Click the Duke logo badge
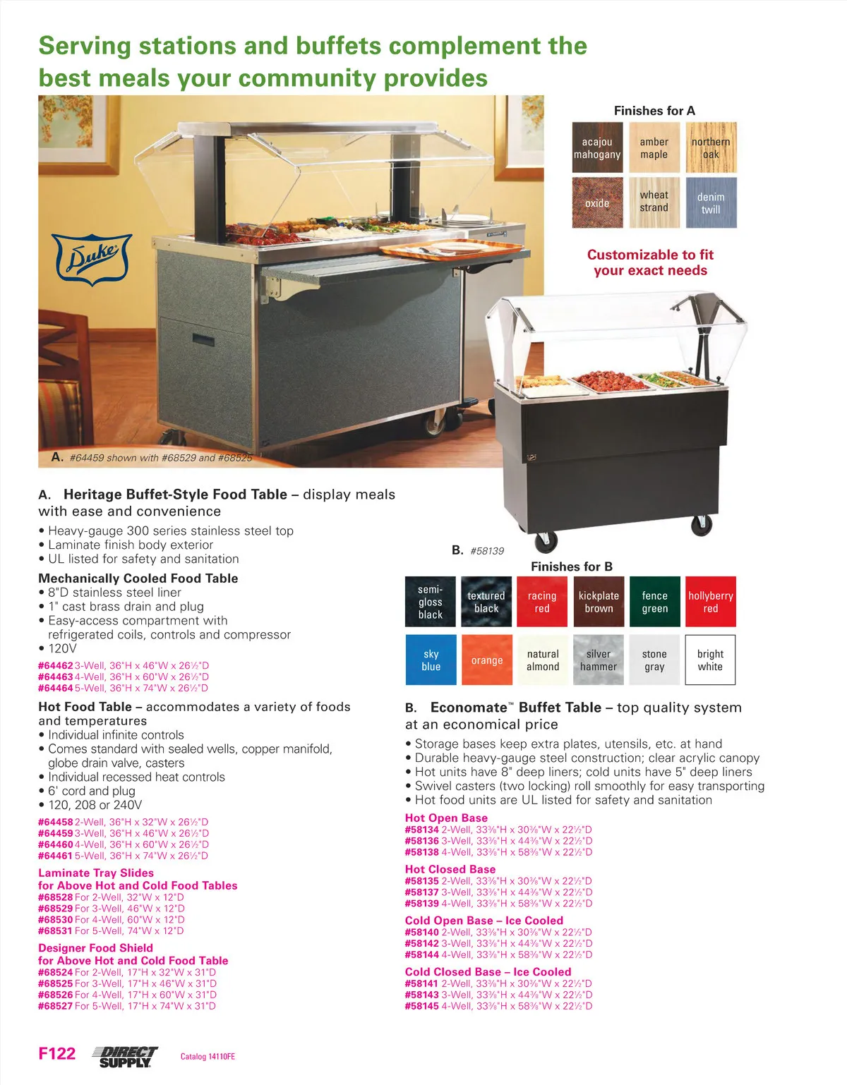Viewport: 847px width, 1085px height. click(92, 259)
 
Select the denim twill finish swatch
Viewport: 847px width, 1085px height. click(711, 202)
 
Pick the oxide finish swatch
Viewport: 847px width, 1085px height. click(597, 202)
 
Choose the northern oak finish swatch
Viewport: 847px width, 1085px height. click(711, 148)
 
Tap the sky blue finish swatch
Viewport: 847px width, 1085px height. click(431, 660)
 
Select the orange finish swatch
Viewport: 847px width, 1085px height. click(487, 660)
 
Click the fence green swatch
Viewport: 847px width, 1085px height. click(655, 602)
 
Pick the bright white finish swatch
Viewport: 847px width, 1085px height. click(710, 660)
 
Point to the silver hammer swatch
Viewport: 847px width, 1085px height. click(599, 660)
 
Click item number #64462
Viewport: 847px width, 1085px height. click(56, 665)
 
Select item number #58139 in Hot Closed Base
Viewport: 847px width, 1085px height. click(422, 903)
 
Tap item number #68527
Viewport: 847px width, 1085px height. click(56, 1005)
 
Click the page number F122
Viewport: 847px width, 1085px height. click(57, 1053)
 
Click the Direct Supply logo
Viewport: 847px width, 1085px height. click(125, 1057)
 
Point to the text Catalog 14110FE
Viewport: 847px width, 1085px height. click(208, 1057)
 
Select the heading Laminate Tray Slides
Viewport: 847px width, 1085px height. click(96, 873)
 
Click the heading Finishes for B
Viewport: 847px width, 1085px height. click(571, 566)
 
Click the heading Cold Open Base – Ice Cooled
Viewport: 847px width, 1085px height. click(484, 920)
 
